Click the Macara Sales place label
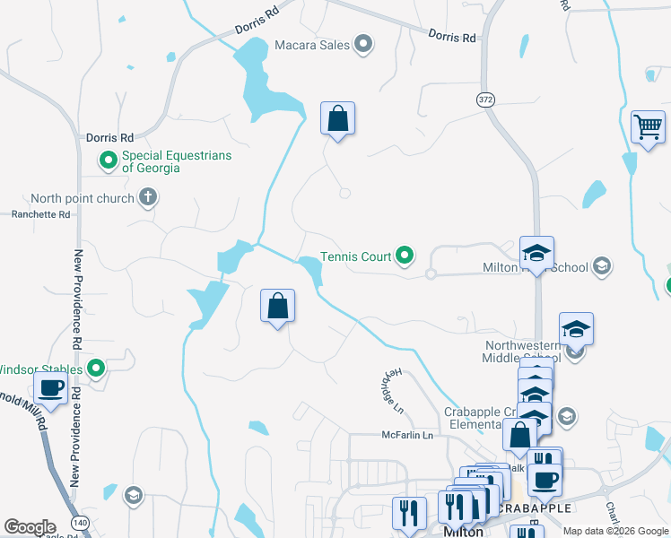(311, 45)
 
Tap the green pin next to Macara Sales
(363, 44)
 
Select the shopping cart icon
(647, 126)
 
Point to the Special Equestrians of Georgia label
(176, 161)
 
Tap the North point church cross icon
(148, 197)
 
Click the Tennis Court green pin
(405, 257)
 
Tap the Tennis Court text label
(356, 257)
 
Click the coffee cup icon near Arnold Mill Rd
(51, 389)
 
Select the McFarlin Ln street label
(407, 436)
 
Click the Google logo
(30, 527)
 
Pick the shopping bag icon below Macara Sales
(337, 118)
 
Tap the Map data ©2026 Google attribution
(614, 530)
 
